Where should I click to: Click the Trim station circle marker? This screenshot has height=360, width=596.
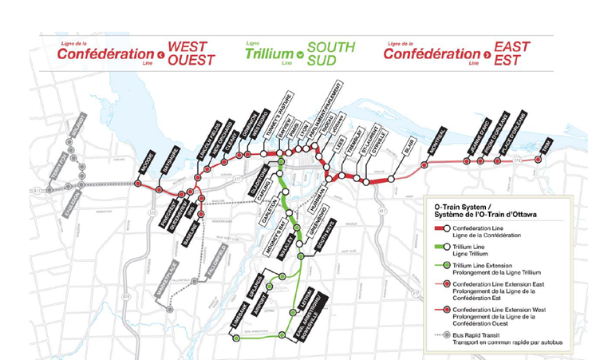539,160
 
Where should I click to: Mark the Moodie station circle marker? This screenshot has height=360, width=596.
137,184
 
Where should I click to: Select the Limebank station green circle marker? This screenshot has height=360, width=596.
236,338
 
